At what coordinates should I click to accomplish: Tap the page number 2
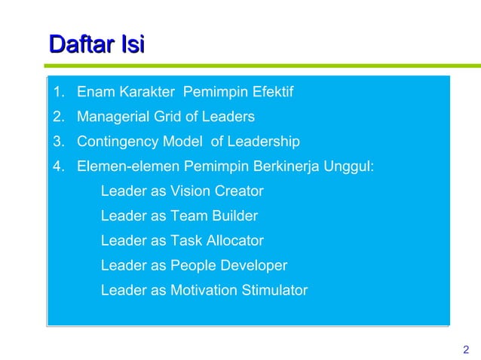[465, 349]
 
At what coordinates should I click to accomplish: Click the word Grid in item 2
[168, 117]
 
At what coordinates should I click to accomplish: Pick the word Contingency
[117, 142]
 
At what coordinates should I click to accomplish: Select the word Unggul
[349, 166]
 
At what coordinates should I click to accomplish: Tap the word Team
[188, 216]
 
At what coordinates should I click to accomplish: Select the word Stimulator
[272, 290]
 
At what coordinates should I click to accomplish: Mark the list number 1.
[59, 93]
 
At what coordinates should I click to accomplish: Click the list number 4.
[59, 166]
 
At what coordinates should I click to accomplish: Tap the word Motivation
[202, 290]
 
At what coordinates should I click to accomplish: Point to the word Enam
[93, 93]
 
